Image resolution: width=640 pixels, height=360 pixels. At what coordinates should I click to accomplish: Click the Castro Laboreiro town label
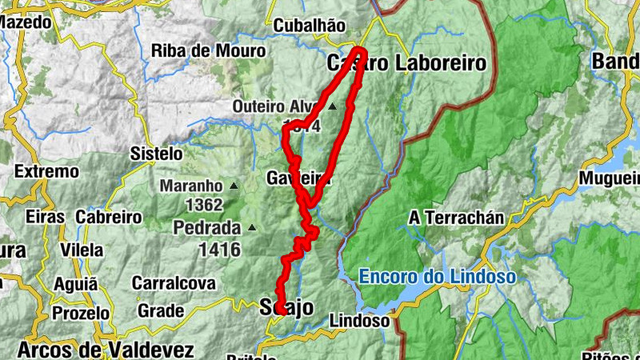tap(406, 63)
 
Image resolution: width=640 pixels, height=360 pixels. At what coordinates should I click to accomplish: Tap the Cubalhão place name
tap(310, 26)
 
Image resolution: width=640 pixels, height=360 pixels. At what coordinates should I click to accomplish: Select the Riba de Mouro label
tap(208, 50)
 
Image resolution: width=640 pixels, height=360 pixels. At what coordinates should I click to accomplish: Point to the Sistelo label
tap(157, 154)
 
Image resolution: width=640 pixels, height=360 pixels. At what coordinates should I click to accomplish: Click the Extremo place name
tap(46, 171)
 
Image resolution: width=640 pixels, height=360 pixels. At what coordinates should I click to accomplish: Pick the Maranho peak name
tap(190, 186)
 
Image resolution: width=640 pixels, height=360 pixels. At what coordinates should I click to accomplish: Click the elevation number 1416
tap(218, 249)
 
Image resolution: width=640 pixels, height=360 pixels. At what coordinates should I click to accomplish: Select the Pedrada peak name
tap(206, 227)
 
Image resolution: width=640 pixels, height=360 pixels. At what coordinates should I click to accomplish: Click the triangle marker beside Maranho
tap(234, 186)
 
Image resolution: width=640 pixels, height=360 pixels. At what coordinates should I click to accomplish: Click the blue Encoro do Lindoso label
tap(436, 277)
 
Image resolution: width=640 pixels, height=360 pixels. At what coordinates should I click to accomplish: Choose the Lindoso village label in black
tap(359, 321)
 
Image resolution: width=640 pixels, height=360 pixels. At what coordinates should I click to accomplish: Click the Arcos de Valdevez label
tap(105, 350)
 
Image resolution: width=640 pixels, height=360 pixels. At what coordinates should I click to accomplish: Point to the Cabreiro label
tap(109, 217)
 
